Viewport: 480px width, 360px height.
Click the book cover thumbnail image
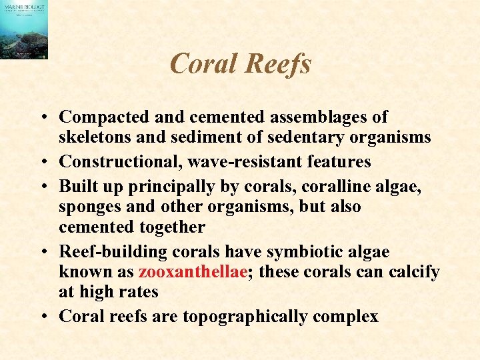(24, 30)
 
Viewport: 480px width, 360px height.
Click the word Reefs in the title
(279, 64)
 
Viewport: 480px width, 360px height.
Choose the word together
(173, 227)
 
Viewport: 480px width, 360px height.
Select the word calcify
(411, 272)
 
